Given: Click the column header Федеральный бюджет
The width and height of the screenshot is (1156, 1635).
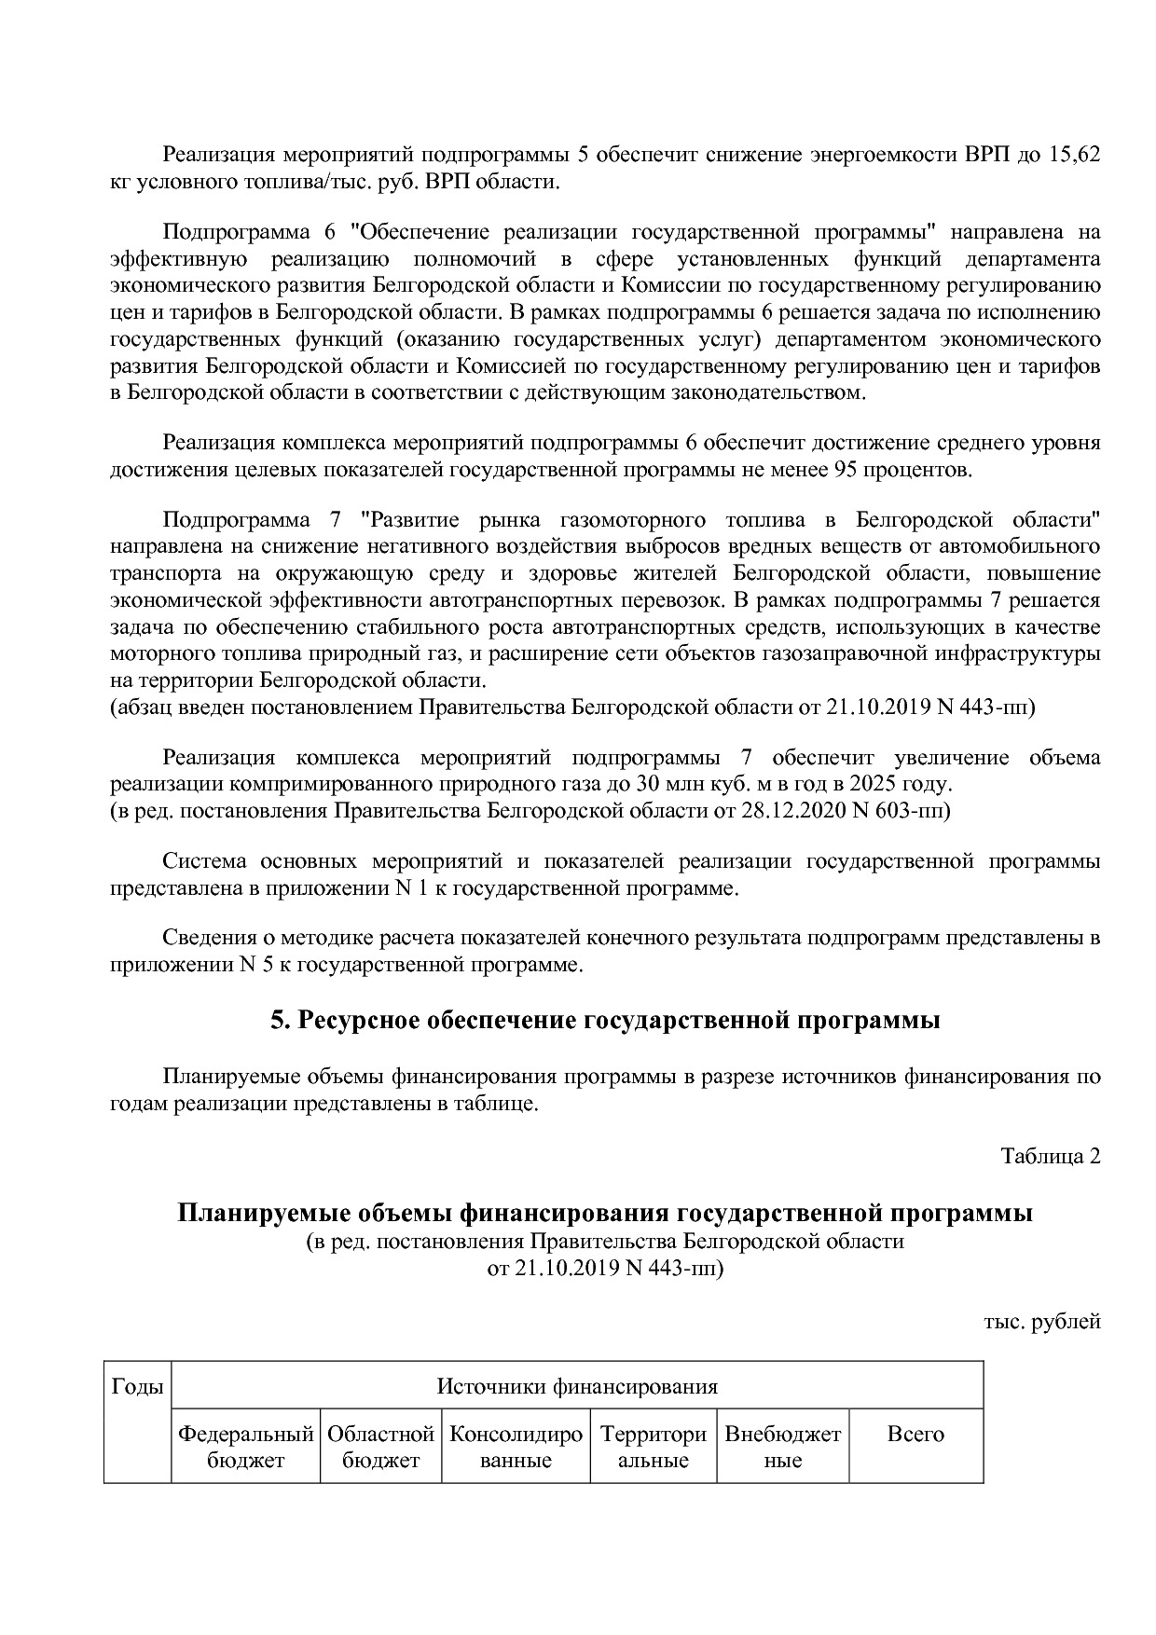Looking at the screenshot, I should pyautogui.click(x=245, y=1447).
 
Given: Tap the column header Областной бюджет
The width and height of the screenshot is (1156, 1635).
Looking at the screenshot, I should pyautogui.click(x=381, y=1447).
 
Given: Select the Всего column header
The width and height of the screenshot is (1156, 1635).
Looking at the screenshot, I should pyautogui.click(x=915, y=1435).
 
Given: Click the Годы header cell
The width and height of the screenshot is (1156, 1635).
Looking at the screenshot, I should pyautogui.click(x=137, y=1386).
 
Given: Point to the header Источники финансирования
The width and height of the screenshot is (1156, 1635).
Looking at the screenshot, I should pyautogui.click(x=577, y=1386).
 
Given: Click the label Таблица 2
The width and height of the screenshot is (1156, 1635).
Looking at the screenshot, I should pyautogui.click(x=1051, y=1156).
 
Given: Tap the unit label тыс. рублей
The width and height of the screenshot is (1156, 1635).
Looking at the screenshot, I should pyautogui.click(x=1041, y=1321).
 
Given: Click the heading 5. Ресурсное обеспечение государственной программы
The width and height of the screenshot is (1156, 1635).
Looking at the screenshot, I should pyautogui.click(x=605, y=1021).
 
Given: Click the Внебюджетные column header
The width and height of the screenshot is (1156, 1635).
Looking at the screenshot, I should pyautogui.click(x=782, y=1447).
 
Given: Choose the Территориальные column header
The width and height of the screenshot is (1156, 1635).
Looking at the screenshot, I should pyautogui.click(x=653, y=1447).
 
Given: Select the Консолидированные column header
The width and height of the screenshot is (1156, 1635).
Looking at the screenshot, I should pyautogui.click(x=516, y=1447).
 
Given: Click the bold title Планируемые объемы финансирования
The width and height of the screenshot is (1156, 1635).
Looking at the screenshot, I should pyautogui.click(x=422, y=1214).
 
